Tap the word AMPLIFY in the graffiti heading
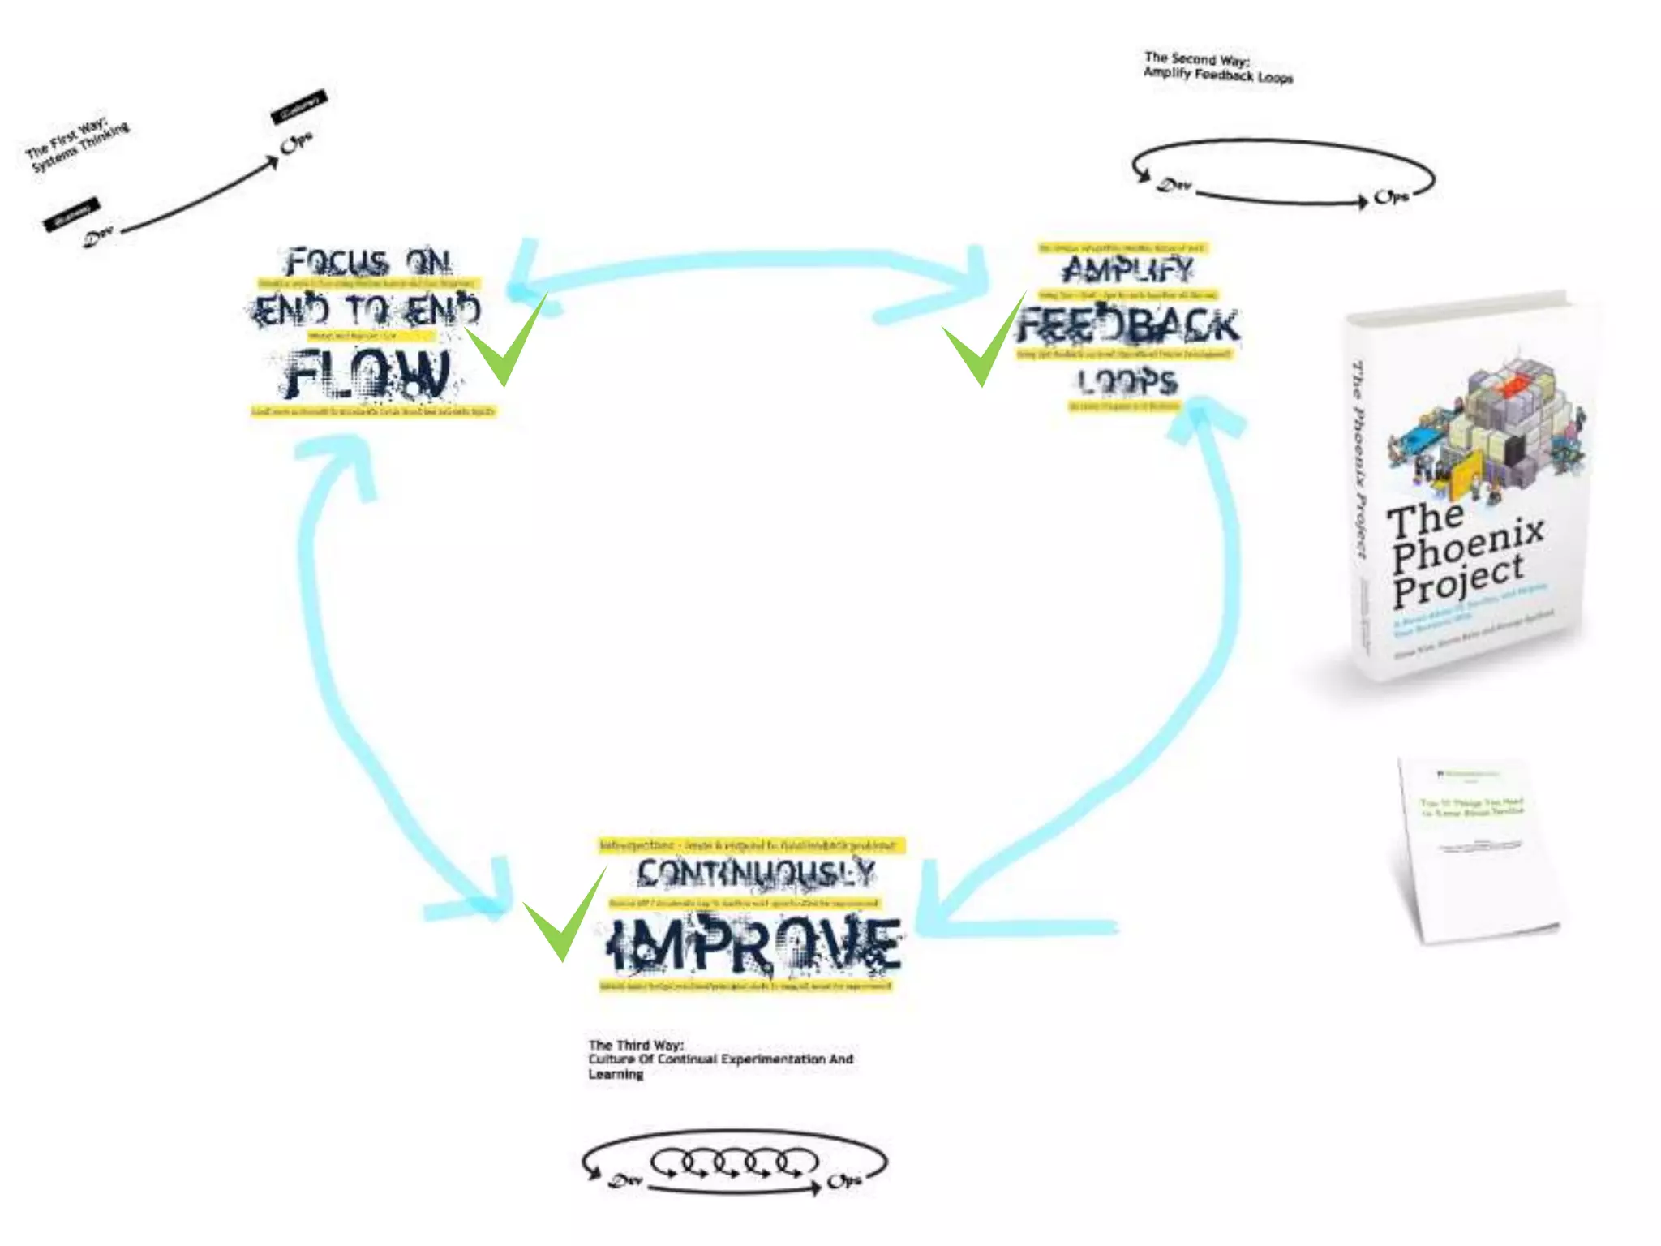[1127, 269]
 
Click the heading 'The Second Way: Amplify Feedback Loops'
[1217, 67]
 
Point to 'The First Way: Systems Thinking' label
[77, 146]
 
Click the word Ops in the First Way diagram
[295, 144]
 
